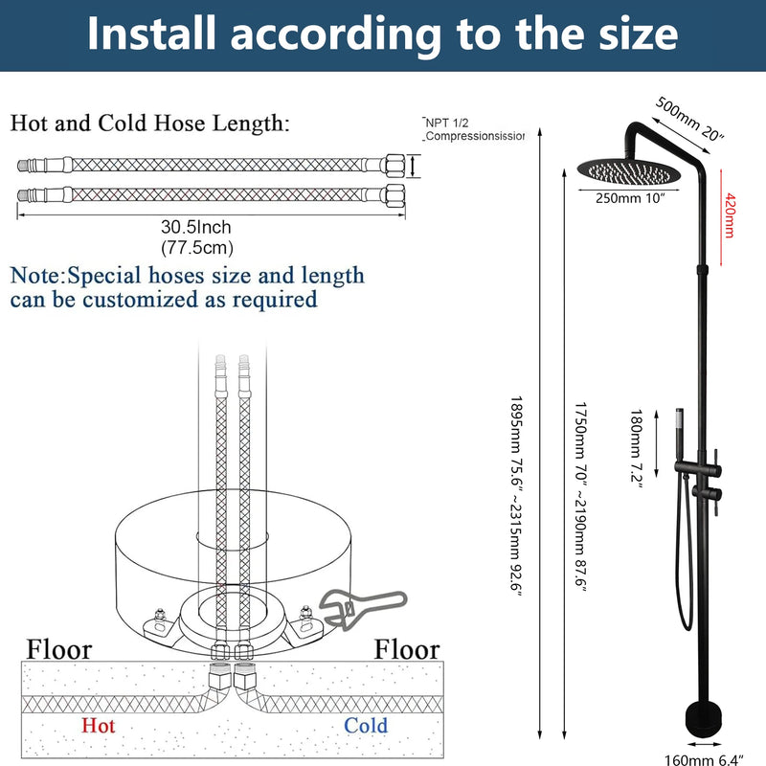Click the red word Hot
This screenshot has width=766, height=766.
[x=99, y=726]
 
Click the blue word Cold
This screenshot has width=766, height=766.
[x=366, y=726]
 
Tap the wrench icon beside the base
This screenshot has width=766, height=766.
[x=363, y=609]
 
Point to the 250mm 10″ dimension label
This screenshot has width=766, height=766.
[x=630, y=198]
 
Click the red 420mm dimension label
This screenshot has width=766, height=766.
[x=730, y=215]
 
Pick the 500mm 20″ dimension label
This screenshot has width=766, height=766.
[x=688, y=119]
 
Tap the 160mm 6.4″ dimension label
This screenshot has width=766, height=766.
[x=704, y=759]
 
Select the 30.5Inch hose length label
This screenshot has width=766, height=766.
[x=196, y=227]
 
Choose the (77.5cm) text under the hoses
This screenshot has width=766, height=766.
[x=197, y=248]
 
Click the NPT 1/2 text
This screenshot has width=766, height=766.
[x=446, y=124]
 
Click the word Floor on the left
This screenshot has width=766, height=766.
[x=59, y=649]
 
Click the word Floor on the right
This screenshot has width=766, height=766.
[x=407, y=649]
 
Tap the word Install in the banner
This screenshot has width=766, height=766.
[x=151, y=34]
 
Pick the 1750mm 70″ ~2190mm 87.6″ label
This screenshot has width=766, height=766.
[x=580, y=497]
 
